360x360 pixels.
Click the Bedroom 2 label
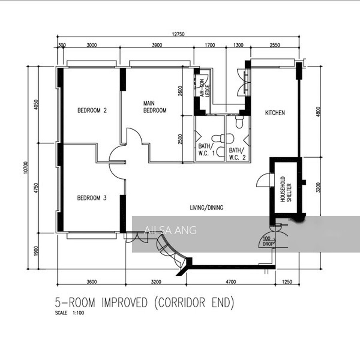tap(92, 110)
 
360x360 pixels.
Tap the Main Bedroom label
tap(155, 107)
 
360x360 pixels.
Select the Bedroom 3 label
tap(92, 198)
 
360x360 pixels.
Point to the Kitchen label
tap(275, 113)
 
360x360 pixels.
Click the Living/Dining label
tap(207, 208)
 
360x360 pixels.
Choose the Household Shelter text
tap(286, 189)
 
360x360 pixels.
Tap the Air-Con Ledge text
tap(204, 88)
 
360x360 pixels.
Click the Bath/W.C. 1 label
tap(206, 150)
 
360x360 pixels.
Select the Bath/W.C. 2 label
tap(237, 154)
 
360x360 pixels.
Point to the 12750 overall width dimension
tap(178, 34)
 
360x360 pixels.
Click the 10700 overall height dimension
tap(26, 168)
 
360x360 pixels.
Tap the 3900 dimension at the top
tap(157, 45)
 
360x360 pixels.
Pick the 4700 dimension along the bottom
tap(231, 282)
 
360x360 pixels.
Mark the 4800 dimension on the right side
tap(318, 112)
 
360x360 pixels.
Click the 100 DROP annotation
tap(268, 241)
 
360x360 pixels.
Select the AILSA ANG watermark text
tap(170, 230)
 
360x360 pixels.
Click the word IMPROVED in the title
tap(124, 302)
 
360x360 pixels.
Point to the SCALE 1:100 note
tap(70, 313)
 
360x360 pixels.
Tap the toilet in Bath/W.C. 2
tap(239, 122)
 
